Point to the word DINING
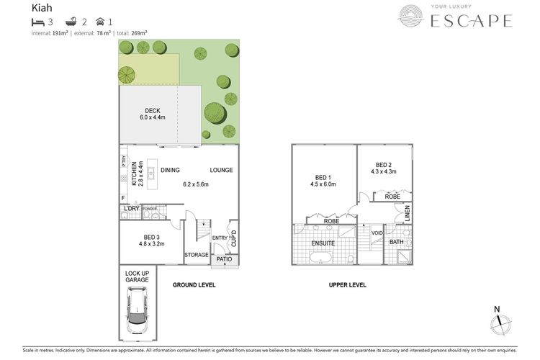click(x=170, y=171)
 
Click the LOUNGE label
click(x=221, y=171)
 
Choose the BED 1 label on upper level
click(x=325, y=179)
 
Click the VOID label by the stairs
click(x=376, y=233)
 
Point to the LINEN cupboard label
click(x=407, y=213)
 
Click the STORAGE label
click(x=196, y=255)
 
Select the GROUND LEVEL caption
click(x=194, y=285)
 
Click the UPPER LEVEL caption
click(x=348, y=285)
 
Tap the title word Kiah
click(x=42, y=9)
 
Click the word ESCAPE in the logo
click(x=471, y=21)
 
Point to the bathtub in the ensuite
click(x=322, y=258)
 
